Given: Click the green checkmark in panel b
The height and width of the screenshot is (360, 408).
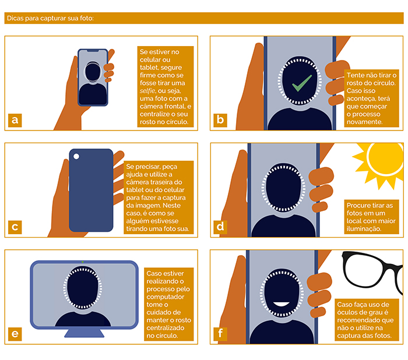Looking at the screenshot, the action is click(x=302, y=83).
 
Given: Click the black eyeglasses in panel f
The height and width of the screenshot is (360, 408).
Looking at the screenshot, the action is click(x=372, y=270).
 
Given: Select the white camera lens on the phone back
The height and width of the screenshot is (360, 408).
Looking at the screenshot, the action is click(x=76, y=156).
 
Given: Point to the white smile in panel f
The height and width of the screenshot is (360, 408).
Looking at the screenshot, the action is click(x=281, y=304).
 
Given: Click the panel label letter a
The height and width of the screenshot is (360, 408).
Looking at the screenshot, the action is click(x=15, y=120).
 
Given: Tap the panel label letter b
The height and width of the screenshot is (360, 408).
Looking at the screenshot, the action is click(x=220, y=120).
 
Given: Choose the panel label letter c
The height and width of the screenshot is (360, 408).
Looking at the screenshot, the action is click(x=15, y=227).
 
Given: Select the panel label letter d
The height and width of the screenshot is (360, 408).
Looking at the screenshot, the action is click(x=220, y=227).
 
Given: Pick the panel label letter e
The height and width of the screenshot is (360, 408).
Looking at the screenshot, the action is click(x=15, y=334).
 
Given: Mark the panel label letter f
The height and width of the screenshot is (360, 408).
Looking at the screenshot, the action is click(x=220, y=334).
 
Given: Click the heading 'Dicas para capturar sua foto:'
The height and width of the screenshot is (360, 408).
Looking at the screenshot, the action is click(x=50, y=18).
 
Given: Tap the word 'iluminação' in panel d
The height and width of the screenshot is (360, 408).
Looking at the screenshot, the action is click(x=364, y=229).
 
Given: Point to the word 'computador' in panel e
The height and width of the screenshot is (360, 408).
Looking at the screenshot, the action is click(x=165, y=297).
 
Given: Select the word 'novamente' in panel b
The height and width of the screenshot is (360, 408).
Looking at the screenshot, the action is click(x=364, y=122).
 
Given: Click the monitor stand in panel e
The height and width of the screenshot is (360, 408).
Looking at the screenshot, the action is click(x=84, y=333).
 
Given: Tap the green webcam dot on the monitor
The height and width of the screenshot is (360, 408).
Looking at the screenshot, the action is click(x=83, y=262).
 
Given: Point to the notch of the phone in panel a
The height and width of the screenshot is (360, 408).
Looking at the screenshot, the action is click(x=93, y=51).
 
